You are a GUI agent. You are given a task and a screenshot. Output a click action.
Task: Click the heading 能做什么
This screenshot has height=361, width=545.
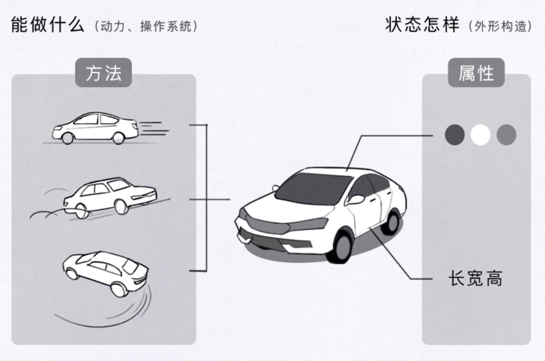coord(48,25)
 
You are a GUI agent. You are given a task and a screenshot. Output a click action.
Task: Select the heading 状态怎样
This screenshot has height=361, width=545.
coord(422,25)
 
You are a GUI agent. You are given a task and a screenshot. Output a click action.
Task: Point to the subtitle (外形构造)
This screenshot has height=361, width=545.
coord(500,26)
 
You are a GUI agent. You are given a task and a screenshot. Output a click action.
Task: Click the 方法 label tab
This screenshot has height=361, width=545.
coord(103,72)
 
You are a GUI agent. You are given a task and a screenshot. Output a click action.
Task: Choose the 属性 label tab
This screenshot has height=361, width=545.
coord(476,72)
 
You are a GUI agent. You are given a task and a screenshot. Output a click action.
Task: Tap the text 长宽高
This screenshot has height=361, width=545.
coord(475,278)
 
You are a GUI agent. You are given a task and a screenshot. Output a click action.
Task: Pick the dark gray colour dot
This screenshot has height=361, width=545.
coord(455,135)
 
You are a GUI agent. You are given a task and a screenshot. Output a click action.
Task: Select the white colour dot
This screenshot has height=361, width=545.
coord(480,135)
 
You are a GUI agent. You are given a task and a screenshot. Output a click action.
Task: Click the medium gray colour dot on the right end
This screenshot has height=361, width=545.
coord(506,135)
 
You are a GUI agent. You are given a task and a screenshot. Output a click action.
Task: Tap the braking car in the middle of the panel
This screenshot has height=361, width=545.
coord(110,196)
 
